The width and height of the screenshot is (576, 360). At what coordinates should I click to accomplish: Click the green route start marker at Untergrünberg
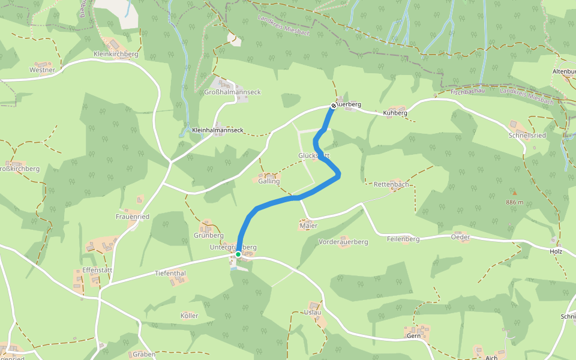click(238, 254)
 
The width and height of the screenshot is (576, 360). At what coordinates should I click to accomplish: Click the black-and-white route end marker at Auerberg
click(333, 106)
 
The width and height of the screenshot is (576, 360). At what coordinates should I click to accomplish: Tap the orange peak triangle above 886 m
click(514, 193)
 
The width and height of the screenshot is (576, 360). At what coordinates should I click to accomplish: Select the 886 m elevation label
click(514, 202)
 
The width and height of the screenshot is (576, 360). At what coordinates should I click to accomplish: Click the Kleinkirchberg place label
click(116, 54)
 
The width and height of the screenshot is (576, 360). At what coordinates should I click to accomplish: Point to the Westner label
click(42, 70)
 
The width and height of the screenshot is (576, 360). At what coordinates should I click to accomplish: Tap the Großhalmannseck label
click(232, 92)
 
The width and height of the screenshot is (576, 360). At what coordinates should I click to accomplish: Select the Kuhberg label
click(395, 113)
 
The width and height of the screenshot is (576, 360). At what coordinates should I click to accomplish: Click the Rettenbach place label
click(391, 184)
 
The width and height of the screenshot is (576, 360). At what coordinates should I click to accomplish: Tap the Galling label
click(269, 181)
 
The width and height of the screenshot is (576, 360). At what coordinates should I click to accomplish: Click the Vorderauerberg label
click(343, 242)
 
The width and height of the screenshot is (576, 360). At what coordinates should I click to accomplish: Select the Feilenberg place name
click(403, 239)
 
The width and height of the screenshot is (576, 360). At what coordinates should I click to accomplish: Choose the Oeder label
click(460, 237)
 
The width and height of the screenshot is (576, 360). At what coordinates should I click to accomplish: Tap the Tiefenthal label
click(170, 273)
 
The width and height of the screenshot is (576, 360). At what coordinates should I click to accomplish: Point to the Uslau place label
click(313, 312)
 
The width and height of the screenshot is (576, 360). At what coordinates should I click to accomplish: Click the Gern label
click(413, 336)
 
